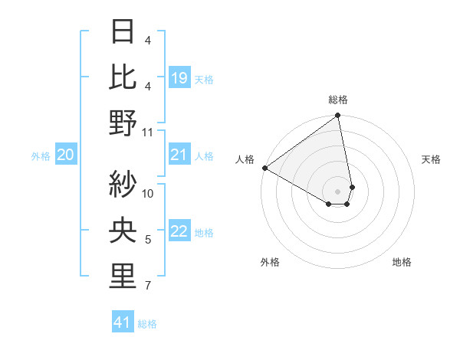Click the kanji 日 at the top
tap(123, 32)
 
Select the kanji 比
tap(123, 77)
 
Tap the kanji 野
tap(123, 123)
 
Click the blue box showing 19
tap(179, 78)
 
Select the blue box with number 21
tap(179, 155)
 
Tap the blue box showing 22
tap(179, 232)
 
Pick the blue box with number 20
tap(65, 155)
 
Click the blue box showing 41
tap(123, 322)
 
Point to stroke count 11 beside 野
tap(148, 132)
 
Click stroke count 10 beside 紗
tap(148, 193)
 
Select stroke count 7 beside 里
tap(148, 286)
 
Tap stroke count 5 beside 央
tap(148, 240)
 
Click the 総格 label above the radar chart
tap(338, 100)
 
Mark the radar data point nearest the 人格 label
tap(264, 168)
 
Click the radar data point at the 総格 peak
tap(337, 116)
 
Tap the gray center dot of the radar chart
tap(338, 190)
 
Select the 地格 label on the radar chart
tap(402, 262)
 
